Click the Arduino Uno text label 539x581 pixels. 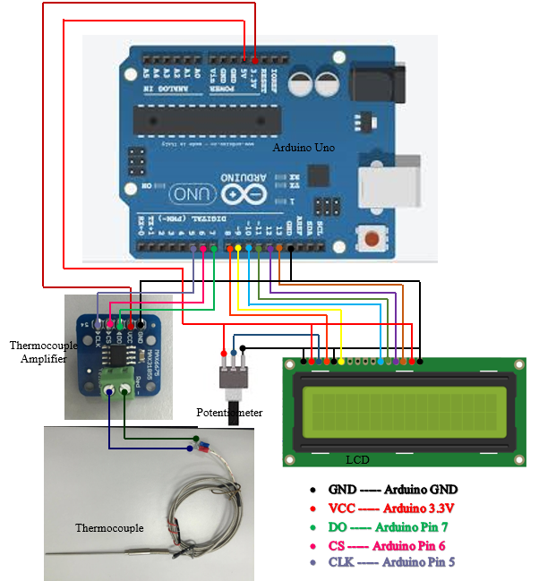pos(304,147)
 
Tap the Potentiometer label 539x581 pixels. pos(230,413)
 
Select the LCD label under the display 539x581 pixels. pos(358,459)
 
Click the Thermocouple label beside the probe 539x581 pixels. pos(108,528)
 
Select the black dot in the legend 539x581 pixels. pos(312,491)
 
